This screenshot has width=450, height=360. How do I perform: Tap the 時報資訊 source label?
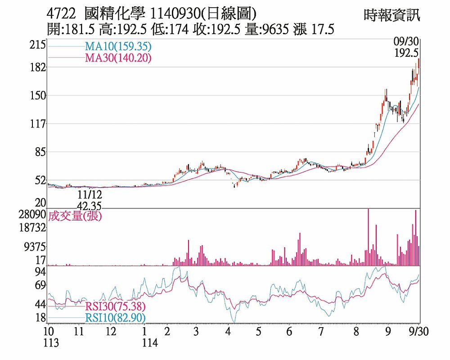point(392,15)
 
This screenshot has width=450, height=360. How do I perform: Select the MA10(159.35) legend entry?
point(117,46)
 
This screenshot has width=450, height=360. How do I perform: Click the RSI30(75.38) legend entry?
point(115,307)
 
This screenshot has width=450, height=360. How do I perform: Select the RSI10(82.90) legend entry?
point(115,318)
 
